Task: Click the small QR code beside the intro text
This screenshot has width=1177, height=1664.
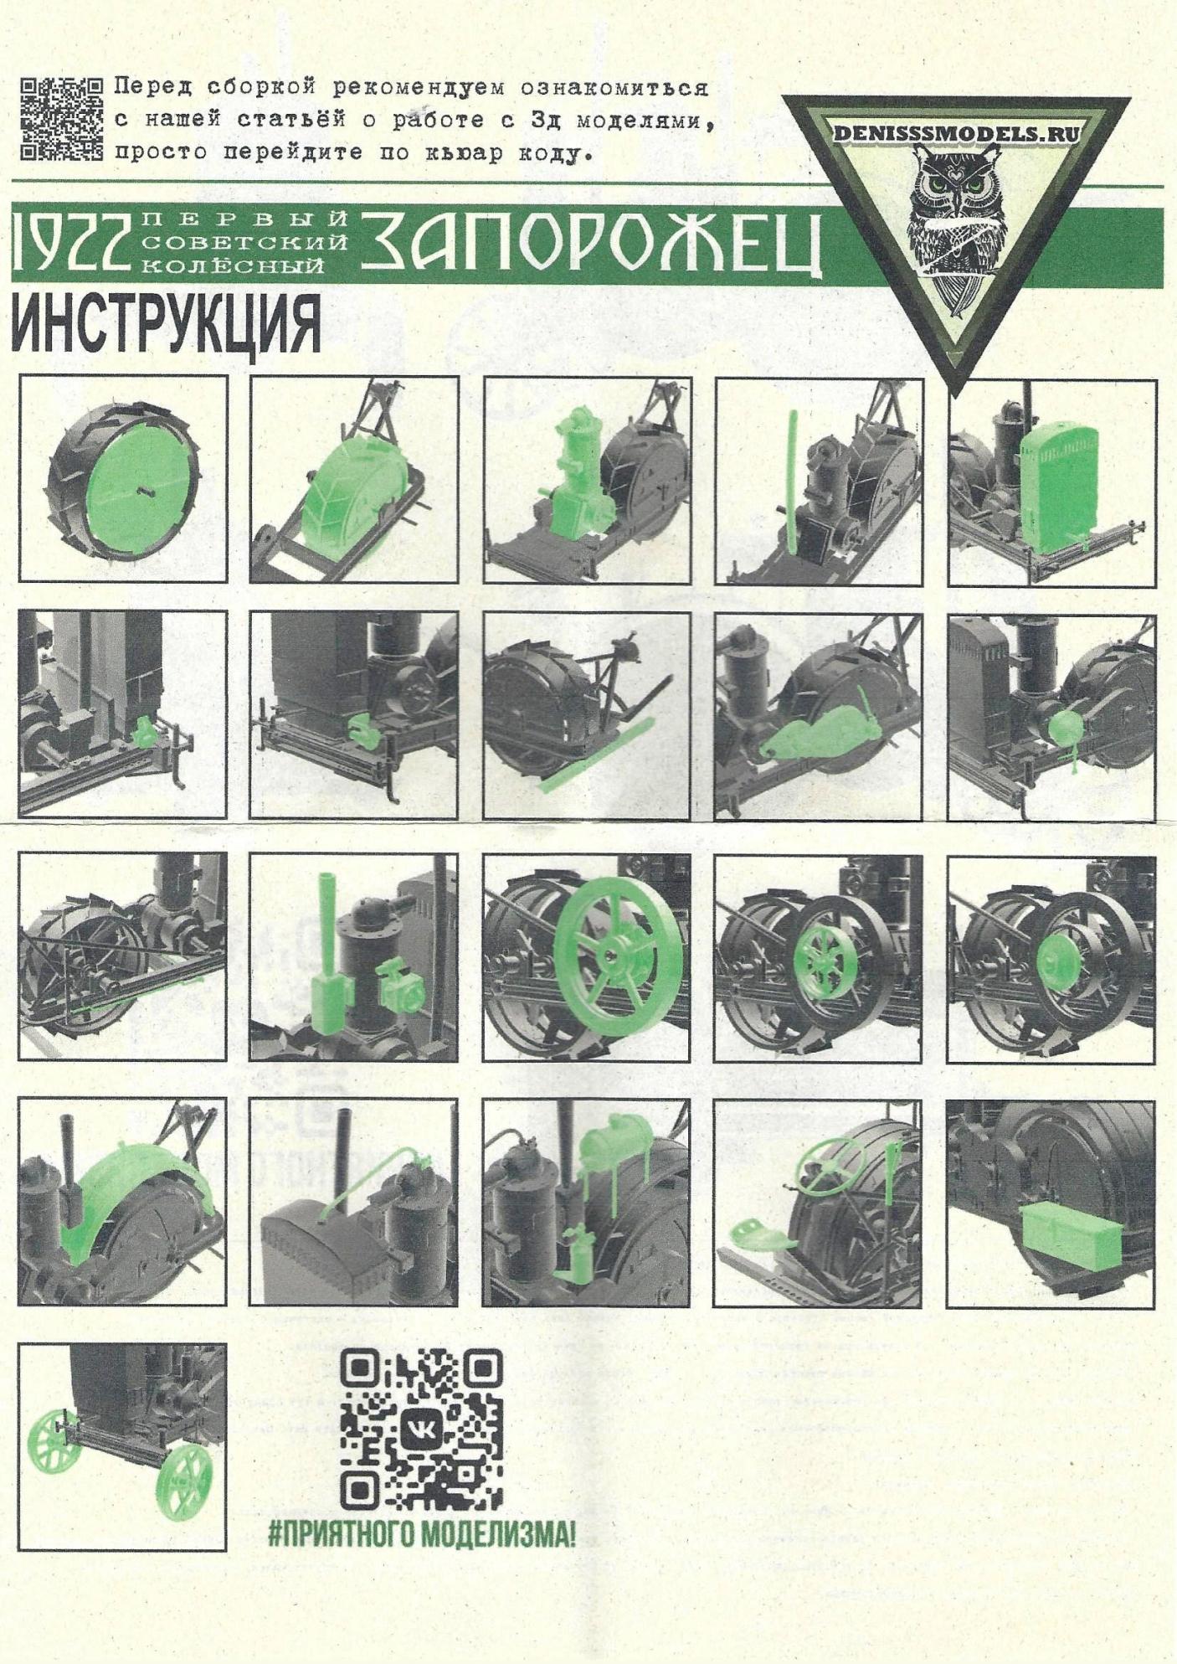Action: (61, 118)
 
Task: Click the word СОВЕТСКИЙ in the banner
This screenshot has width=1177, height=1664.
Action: (245, 244)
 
